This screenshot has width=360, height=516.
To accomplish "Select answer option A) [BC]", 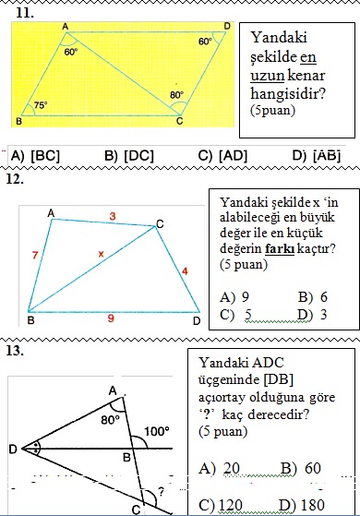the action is tap(36, 156).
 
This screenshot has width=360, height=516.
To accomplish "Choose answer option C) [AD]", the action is tap(223, 156).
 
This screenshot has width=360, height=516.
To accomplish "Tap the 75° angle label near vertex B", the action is tap(41, 106).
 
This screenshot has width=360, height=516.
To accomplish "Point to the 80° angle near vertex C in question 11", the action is tap(176, 95).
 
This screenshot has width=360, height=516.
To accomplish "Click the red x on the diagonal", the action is tap(101, 251).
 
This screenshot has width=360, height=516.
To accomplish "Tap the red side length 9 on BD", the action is tap(111, 318).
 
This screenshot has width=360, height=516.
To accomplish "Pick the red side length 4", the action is tap(184, 270).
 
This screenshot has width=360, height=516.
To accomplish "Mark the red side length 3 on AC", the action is tap(113, 215).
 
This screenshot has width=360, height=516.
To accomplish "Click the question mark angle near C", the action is tap(162, 490).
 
